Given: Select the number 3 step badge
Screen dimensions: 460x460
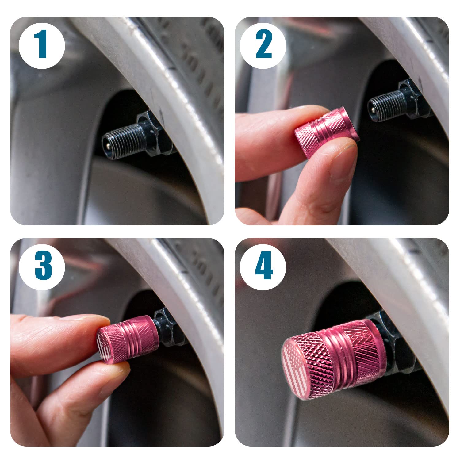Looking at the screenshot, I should pyautogui.click(x=42, y=267).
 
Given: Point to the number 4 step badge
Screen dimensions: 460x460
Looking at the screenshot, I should pyautogui.click(x=263, y=267).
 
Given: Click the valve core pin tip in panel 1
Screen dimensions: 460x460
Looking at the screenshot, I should pyautogui.click(x=106, y=143).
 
